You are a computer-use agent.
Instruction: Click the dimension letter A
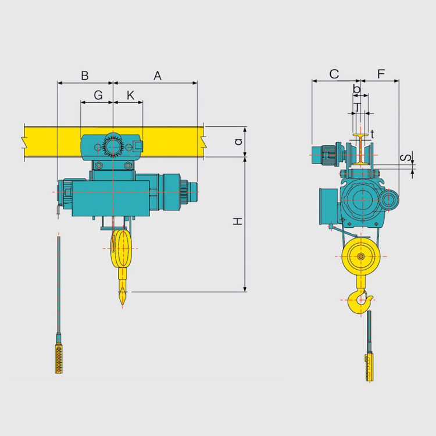click(x=158, y=76)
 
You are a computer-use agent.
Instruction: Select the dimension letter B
click(x=85, y=76)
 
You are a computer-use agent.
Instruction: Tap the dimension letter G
click(x=98, y=95)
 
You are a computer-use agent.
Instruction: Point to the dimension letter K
click(x=130, y=95)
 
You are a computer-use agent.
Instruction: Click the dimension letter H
click(x=238, y=221)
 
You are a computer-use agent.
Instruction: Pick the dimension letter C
click(x=334, y=74)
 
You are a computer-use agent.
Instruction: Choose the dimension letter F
click(x=381, y=74)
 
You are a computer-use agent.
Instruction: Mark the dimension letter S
click(x=405, y=158)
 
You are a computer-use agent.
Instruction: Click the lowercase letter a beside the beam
click(x=238, y=141)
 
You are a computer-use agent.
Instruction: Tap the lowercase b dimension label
click(x=356, y=89)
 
